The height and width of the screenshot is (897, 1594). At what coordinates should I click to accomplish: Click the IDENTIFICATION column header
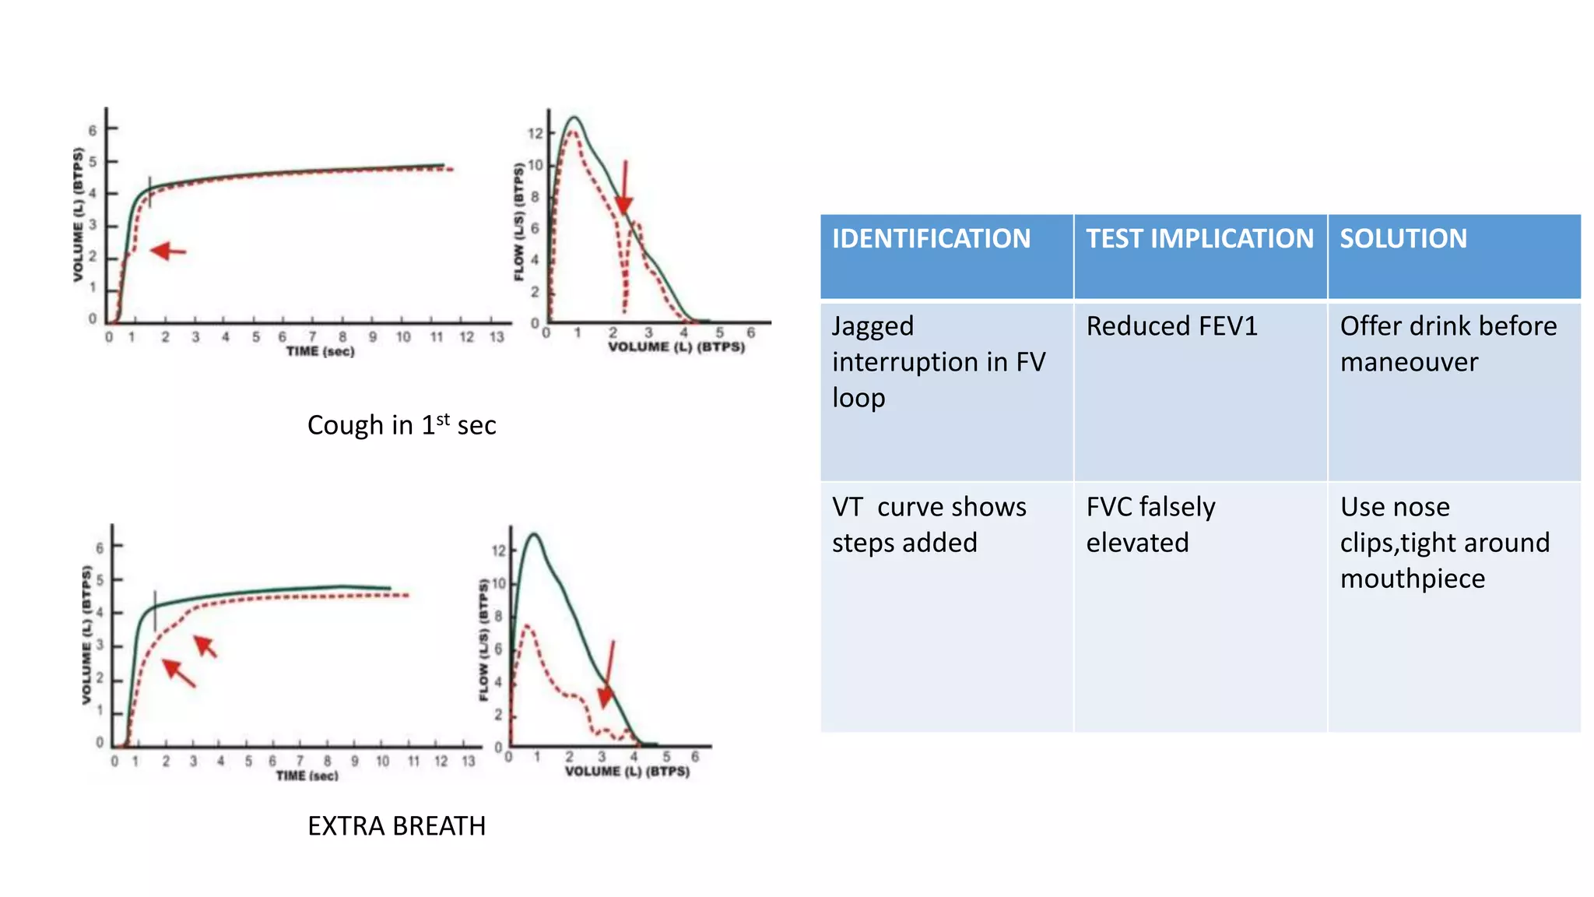[931, 238]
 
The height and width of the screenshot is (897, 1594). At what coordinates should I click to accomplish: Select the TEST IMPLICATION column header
[1199, 238]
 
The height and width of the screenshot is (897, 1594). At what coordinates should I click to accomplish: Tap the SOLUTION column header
[1403, 238]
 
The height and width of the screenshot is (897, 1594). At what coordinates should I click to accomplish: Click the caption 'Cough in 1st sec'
[402, 425]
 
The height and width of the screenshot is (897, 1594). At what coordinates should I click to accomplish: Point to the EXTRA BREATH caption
[396, 826]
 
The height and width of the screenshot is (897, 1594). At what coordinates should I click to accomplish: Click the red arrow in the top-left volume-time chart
[168, 252]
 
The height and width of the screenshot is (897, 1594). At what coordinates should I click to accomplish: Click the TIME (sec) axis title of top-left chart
[320, 352]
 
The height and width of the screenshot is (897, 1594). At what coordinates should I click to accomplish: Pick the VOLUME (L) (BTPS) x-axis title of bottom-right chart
[627, 772]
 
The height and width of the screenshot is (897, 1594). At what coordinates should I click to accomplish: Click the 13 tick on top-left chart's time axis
[497, 337]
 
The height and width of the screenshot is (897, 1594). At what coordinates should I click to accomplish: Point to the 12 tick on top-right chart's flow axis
[535, 133]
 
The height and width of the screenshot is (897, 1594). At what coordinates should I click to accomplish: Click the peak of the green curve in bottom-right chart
[534, 534]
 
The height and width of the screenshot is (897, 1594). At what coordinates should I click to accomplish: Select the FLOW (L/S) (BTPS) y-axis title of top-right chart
[519, 222]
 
